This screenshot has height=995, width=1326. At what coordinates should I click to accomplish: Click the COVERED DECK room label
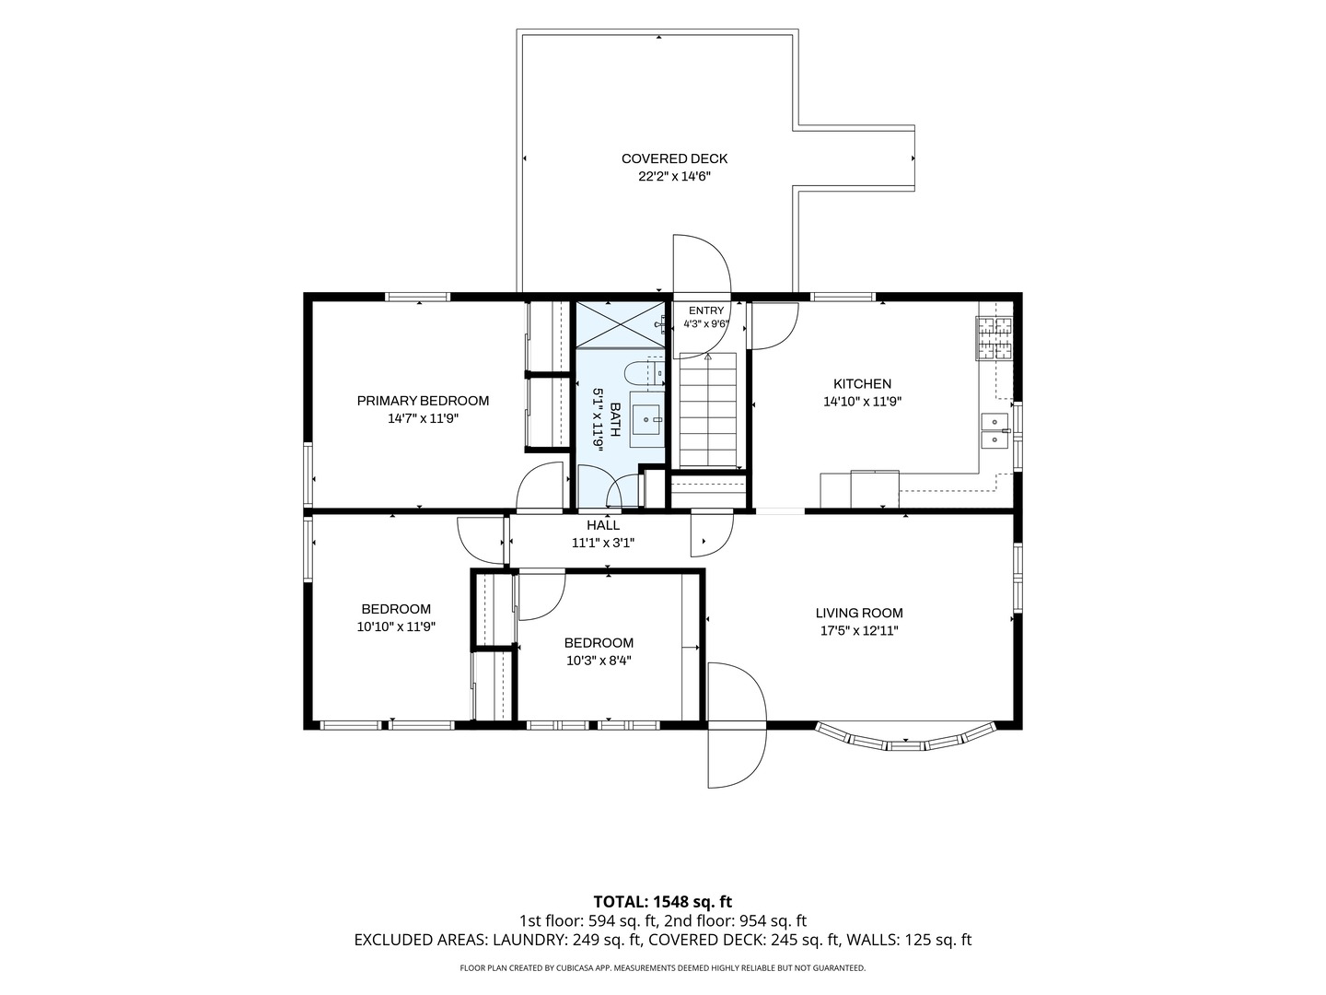tap(674, 158)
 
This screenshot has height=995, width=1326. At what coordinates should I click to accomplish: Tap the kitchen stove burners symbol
tap(994, 338)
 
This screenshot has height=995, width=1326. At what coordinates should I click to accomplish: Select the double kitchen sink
tap(994, 431)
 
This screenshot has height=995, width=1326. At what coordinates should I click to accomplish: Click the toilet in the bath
tap(644, 375)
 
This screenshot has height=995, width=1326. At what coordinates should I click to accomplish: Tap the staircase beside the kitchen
tap(708, 410)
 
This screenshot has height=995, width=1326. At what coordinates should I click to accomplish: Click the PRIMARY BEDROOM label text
tap(423, 401)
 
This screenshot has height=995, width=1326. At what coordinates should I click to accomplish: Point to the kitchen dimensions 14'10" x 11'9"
tap(862, 402)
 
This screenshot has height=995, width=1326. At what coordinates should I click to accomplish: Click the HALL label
tap(603, 525)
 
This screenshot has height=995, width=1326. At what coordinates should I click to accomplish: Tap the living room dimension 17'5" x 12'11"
tap(859, 631)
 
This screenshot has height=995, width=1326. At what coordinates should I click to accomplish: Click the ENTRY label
tap(706, 310)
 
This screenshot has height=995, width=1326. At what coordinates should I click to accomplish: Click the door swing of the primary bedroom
tap(540, 486)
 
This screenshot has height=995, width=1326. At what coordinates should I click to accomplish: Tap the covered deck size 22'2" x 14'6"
tap(674, 177)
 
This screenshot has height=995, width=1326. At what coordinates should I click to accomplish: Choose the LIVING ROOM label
tap(859, 614)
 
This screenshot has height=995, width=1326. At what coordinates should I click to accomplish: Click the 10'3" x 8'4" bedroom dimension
tap(599, 661)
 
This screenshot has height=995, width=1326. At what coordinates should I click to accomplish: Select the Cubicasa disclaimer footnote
tap(663, 967)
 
